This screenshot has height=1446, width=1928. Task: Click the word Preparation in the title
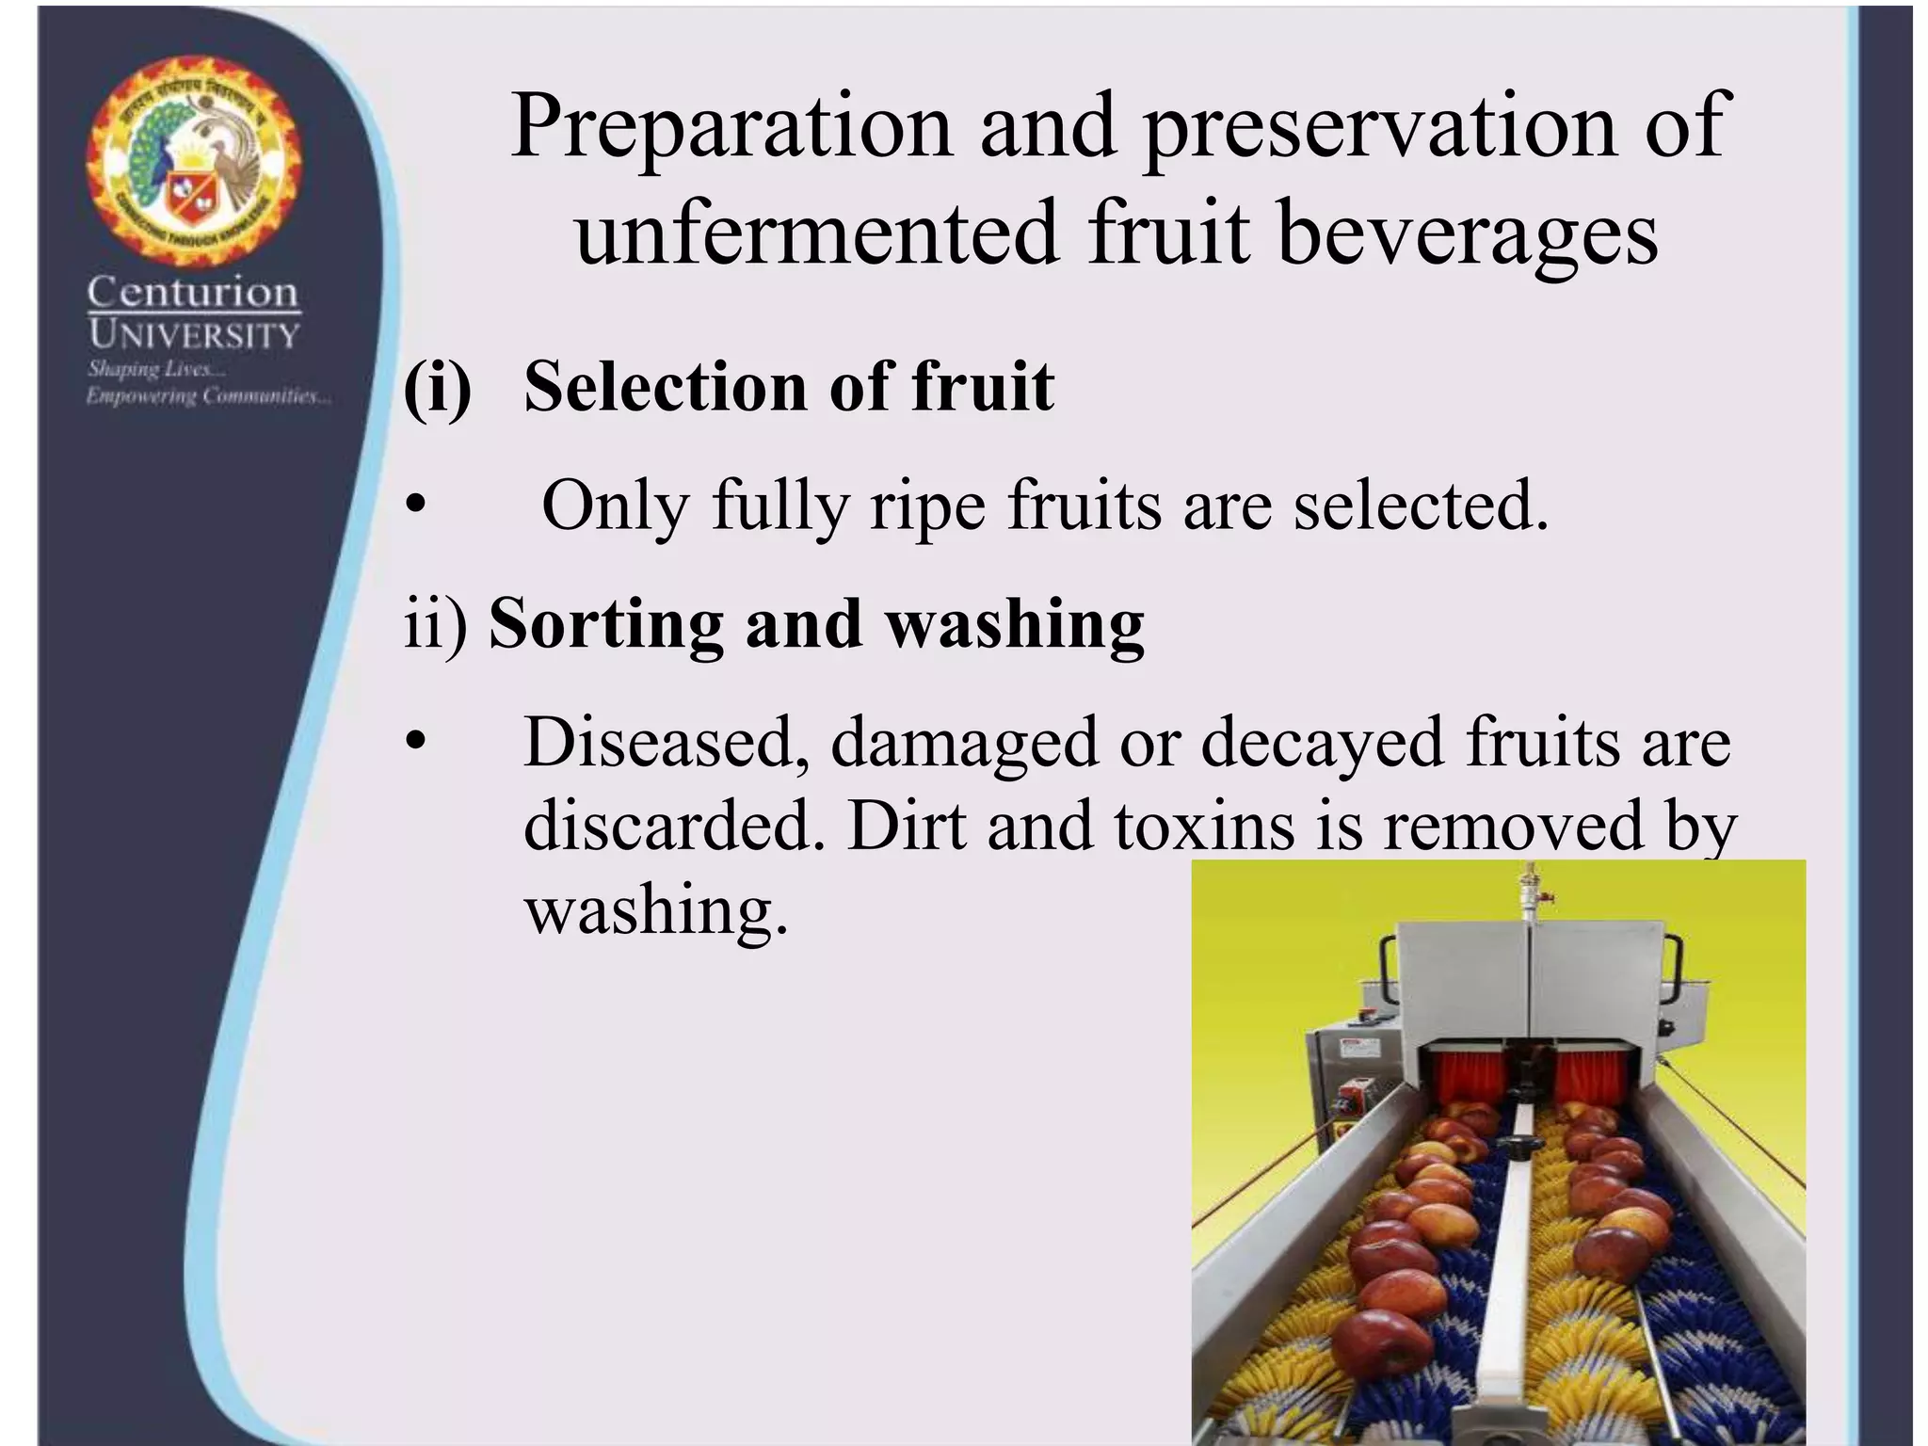point(731,127)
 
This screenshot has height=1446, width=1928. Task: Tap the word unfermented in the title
point(816,233)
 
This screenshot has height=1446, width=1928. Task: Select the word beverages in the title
point(1467,233)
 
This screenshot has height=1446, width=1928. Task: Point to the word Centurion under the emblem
point(193,293)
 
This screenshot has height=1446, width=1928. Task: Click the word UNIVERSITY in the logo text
point(194,334)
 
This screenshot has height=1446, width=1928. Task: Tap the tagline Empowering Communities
point(208,396)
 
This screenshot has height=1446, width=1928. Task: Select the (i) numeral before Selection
point(437,387)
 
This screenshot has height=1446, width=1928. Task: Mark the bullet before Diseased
point(415,744)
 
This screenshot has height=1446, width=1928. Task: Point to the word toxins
point(1204,826)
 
